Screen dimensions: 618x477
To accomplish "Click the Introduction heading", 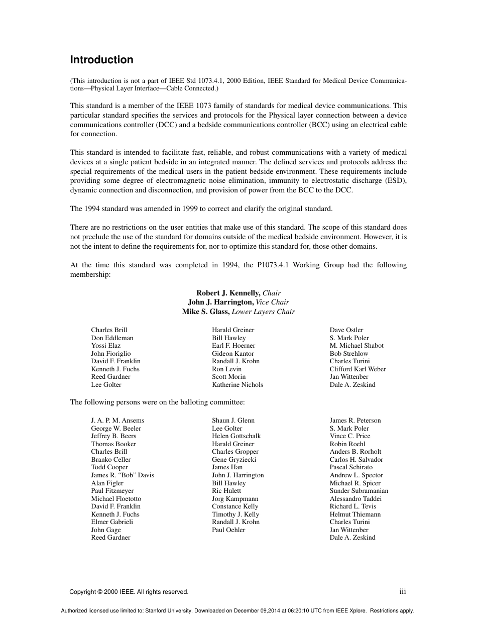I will (x=101, y=60).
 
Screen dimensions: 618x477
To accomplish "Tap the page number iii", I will (x=402, y=592).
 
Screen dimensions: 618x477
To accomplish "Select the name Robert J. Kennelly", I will (x=228, y=293).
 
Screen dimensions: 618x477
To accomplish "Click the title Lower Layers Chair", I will (x=263, y=312).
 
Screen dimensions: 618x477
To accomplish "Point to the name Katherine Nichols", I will (x=237, y=385).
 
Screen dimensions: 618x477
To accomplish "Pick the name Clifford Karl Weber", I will (x=358, y=369).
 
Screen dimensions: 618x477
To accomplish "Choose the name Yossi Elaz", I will (x=106, y=346).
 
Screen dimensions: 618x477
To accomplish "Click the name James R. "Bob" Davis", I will (x=123, y=475).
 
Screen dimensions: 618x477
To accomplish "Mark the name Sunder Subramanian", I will (x=359, y=491).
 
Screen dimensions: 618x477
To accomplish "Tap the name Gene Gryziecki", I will (x=234, y=460).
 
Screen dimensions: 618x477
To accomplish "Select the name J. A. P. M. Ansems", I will (x=117, y=421).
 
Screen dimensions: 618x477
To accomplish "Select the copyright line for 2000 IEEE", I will (x=129, y=592).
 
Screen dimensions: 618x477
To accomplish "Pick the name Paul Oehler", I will (x=228, y=530).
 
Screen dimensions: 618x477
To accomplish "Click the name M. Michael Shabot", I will (x=356, y=346).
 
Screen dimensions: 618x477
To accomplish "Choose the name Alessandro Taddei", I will (x=355, y=499).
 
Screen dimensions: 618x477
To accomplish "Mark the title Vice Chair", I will (x=272, y=302).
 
